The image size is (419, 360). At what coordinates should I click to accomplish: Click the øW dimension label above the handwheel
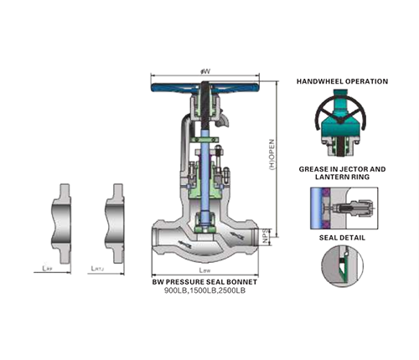click(205, 73)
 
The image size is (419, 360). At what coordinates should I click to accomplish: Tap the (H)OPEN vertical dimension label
click(272, 156)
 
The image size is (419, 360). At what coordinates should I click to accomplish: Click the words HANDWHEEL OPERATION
click(342, 81)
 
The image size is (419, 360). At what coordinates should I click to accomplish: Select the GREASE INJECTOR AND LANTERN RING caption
click(342, 173)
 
